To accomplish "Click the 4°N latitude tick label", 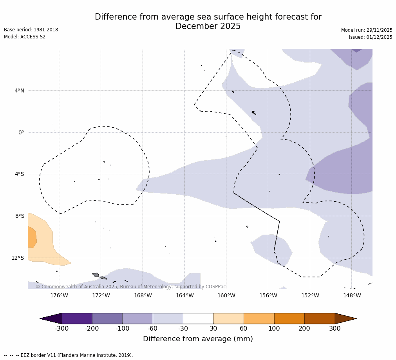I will [19, 91].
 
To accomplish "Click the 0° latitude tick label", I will [21, 132].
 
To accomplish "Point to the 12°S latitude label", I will [18, 258].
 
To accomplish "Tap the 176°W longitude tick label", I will [59, 295].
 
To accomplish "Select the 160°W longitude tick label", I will [226, 295].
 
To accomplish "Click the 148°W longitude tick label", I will [352, 295].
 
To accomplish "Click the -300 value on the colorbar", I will [61, 329].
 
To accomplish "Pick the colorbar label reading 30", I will [213, 329].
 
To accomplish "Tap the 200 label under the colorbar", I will [304, 329].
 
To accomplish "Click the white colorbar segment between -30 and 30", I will [198, 318].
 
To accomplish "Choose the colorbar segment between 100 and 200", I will [289, 318].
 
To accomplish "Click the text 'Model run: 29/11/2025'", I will [366, 30].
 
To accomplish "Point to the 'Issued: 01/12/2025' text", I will [370, 37].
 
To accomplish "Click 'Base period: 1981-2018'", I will [31, 30].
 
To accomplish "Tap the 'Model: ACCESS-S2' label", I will [25, 37].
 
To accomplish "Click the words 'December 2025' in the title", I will [208, 27].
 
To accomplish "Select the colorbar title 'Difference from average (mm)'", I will [198, 339].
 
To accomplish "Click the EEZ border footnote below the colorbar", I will [69, 355].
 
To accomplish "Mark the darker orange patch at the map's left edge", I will [32, 237].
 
